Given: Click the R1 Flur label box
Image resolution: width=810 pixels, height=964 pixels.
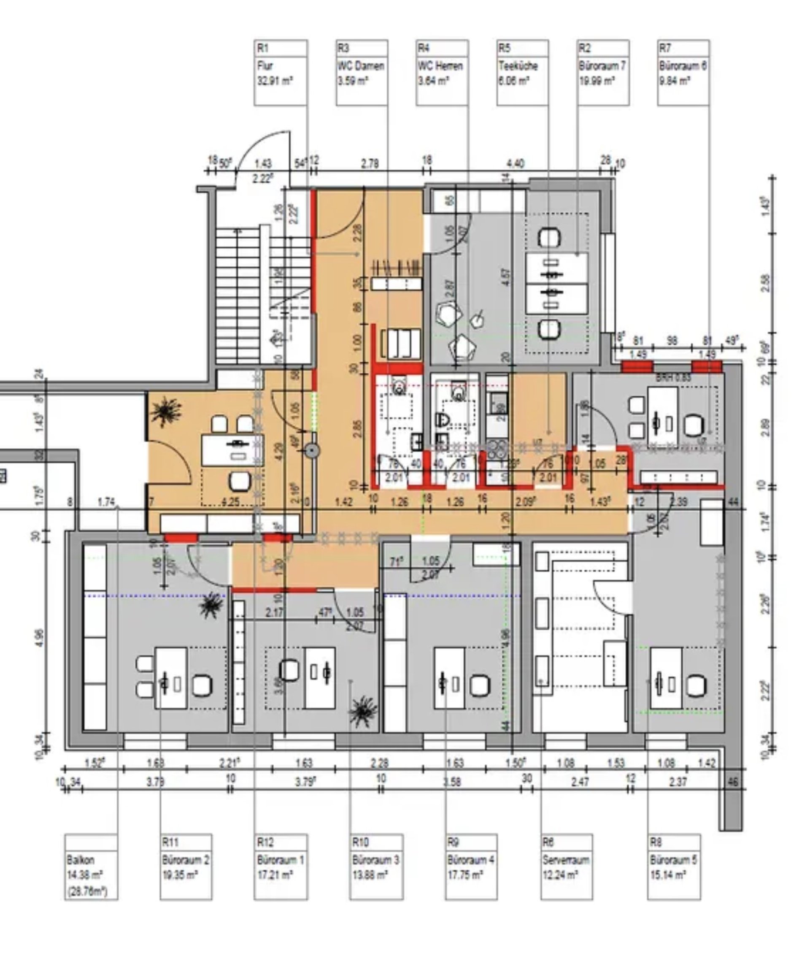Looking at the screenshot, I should [x=281, y=73].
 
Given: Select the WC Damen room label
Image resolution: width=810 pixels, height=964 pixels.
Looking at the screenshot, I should [x=362, y=73].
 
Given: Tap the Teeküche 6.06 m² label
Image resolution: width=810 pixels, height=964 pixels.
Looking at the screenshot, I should [x=522, y=73].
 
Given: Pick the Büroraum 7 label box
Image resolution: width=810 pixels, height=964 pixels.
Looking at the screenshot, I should [x=602, y=73].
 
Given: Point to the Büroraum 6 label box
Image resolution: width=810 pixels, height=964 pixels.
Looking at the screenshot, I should [x=683, y=73].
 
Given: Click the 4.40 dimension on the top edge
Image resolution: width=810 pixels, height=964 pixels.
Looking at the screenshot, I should [x=515, y=163].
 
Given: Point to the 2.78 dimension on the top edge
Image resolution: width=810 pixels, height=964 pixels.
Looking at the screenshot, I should [x=370, y=163].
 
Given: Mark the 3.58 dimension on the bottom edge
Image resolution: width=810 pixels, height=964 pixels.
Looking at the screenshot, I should [x=452, y=781].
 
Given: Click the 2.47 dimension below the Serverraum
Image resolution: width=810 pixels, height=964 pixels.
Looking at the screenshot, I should [x=580, y=781].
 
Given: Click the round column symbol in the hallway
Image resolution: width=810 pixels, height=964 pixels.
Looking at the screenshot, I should [x=312, y=451].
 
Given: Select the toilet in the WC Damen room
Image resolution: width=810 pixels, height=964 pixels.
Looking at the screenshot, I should [x=398, y=388].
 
